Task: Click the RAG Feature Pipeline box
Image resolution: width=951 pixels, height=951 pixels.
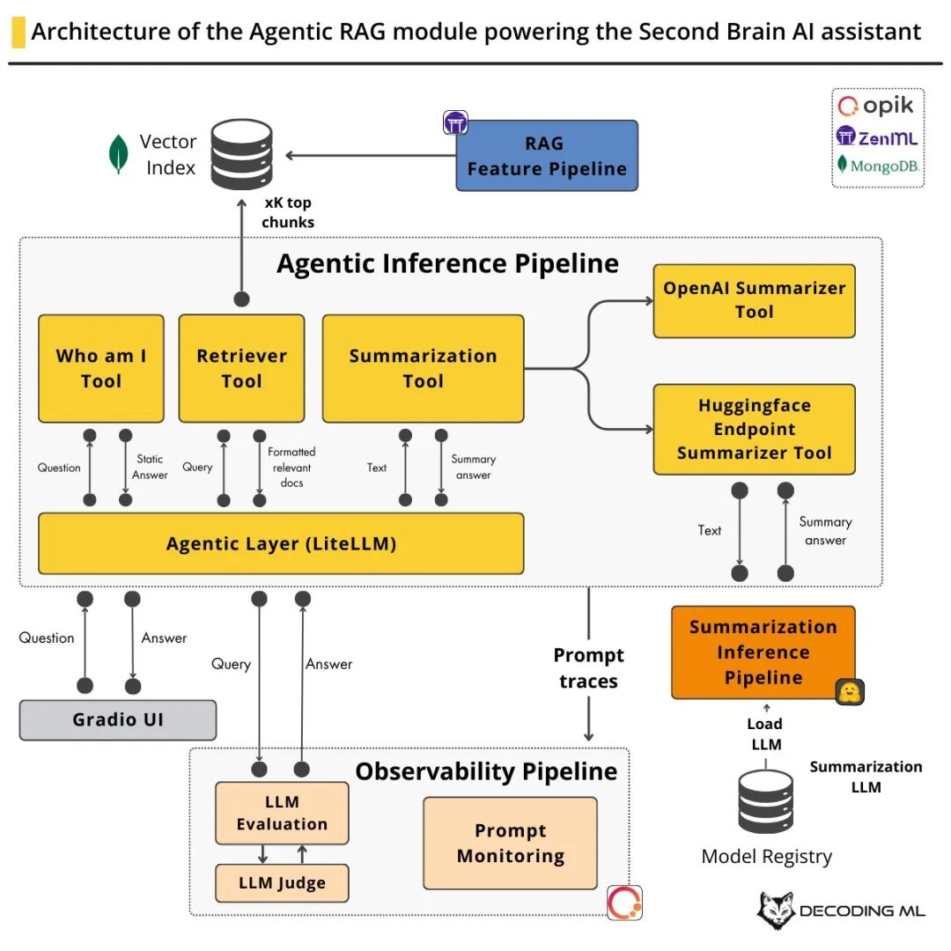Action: coord(546,156)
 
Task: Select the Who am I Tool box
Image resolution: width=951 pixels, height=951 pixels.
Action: coord(101,368)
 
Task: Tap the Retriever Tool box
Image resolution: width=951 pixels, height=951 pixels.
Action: coord(241,368)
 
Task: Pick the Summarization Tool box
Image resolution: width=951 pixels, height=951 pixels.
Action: coord(423,368)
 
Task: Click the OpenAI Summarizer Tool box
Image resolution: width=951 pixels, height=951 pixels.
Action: coord(754,300)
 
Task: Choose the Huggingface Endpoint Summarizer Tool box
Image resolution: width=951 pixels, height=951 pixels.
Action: coord(754,429)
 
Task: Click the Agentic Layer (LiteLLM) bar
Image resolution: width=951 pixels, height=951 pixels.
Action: coord(281,543)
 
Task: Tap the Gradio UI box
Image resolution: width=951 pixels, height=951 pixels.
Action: coord(118,719)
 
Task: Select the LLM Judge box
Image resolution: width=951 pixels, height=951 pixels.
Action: coord(282,882)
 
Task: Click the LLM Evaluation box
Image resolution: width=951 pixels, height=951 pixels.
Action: coord(282,813)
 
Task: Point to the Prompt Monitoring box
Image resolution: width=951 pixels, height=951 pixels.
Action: coord(510,843)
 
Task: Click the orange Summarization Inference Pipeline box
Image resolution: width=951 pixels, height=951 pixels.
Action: coord(763,652)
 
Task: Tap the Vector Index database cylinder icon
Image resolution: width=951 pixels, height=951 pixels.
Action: coord(240,155)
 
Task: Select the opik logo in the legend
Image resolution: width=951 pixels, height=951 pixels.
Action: coord(876,107)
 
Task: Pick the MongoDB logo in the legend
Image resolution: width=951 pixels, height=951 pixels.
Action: coord(877,166)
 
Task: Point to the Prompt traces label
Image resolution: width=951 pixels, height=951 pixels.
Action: coord(588,668)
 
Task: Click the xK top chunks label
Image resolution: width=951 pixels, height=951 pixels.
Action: coord(287,212)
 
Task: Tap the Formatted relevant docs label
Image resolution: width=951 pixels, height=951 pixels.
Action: coord(291,467)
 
